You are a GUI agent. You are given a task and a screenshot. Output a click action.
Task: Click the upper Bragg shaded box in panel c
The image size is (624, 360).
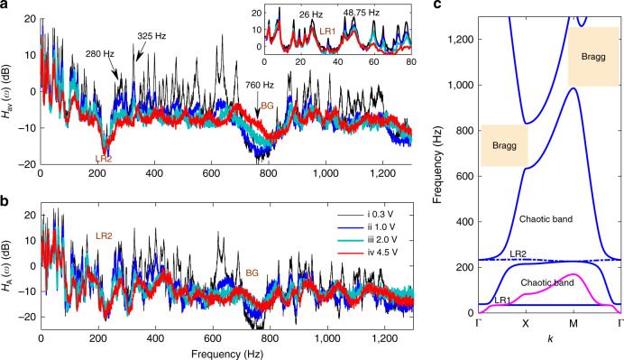(x=592, y=56)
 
